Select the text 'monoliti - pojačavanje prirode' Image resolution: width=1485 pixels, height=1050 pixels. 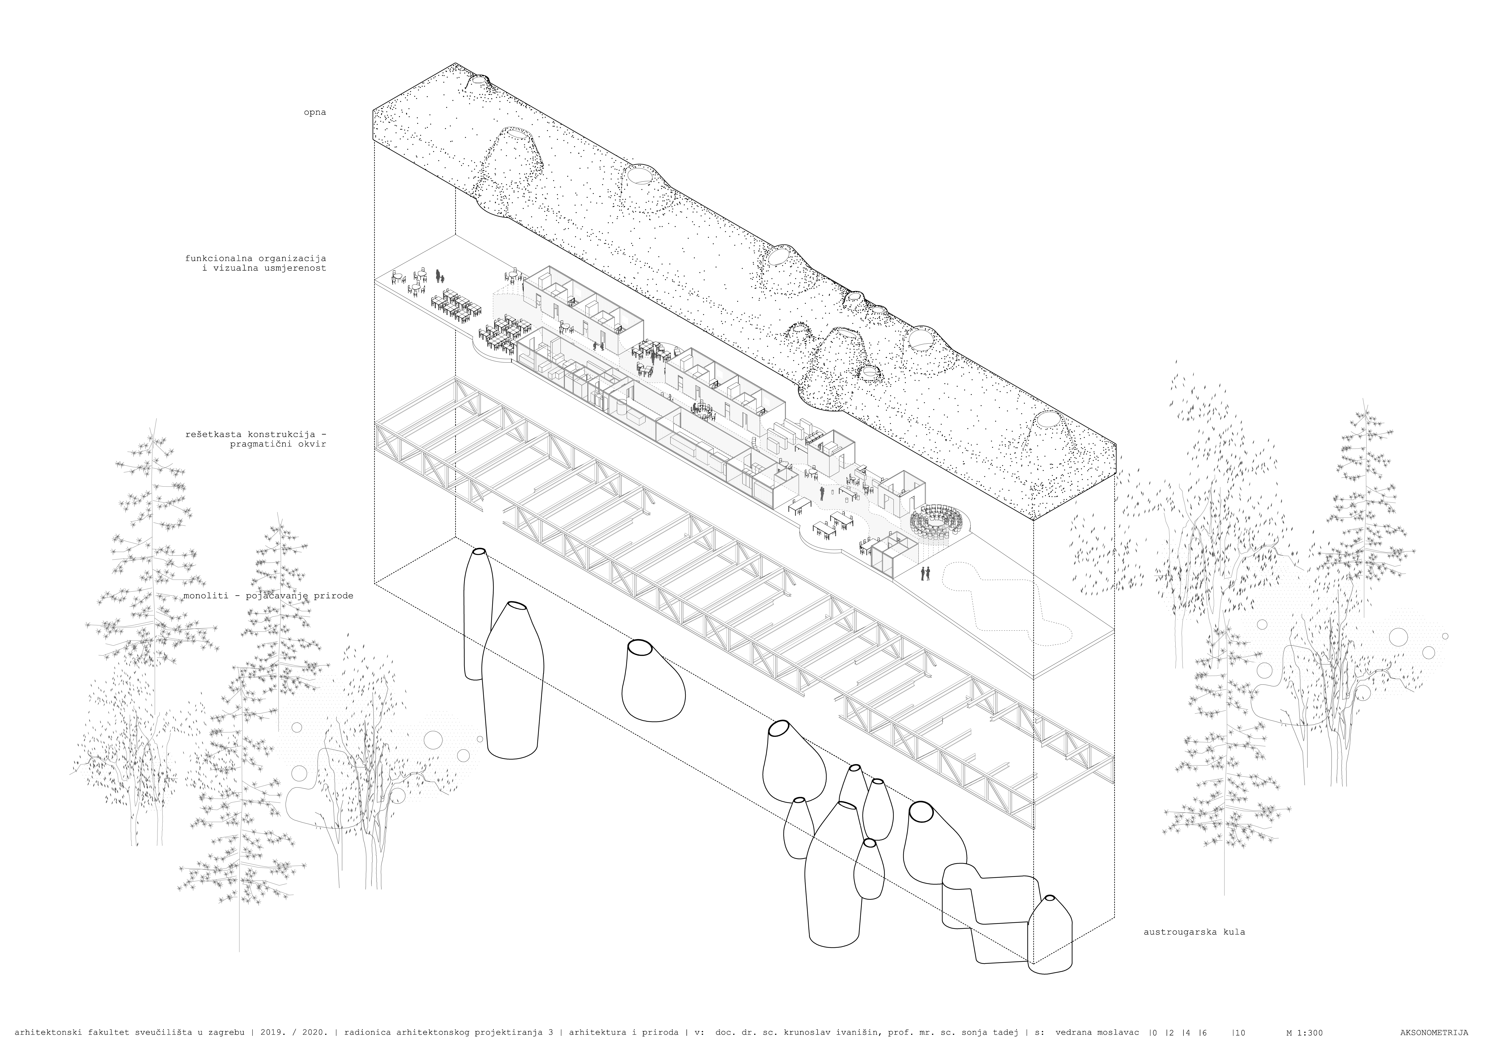tap(268, 596)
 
